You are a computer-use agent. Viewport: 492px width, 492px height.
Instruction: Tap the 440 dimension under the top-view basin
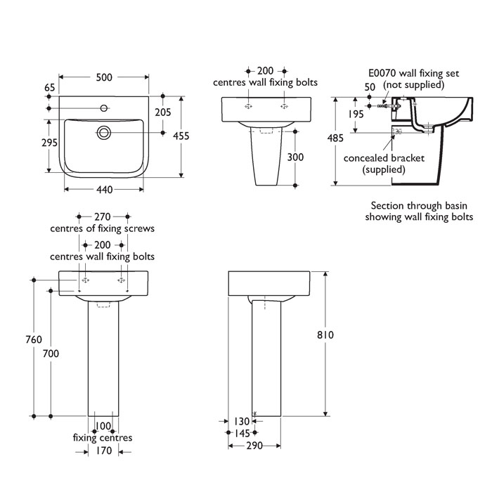click(x=104, y=190)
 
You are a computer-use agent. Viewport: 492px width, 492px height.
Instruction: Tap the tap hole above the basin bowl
click(x=104, y=108)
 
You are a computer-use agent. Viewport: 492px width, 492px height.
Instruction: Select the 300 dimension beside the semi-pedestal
click(x=296, y=157)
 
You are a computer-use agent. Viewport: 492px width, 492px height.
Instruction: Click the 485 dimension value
click(x=335, y=138)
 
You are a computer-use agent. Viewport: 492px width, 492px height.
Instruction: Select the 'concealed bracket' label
click(x=384, y=158)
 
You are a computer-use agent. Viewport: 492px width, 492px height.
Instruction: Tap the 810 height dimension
click(x=325, y=335)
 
